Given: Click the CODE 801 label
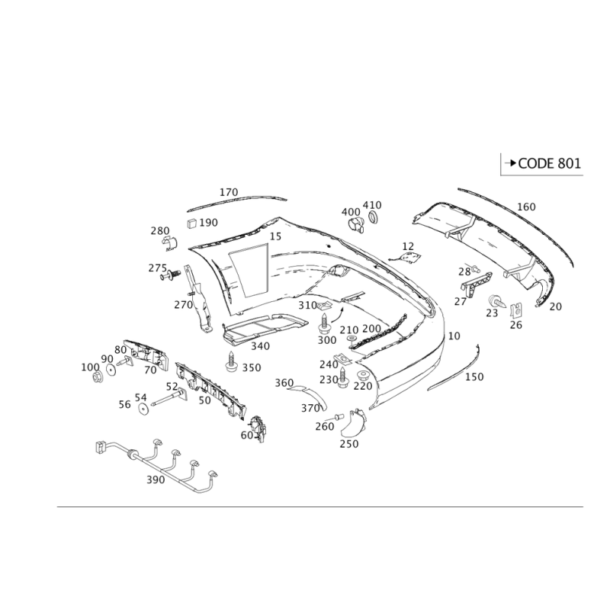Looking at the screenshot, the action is click(549, 163).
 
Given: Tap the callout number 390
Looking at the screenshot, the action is click(156, 480).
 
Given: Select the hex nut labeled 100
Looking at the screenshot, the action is click(98, 377).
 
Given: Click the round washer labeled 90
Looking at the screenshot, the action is click(111, 370).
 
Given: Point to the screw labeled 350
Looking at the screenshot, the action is click(232, 361).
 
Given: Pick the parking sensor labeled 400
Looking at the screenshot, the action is click(355, 225).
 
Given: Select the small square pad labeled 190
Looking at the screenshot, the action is click(192, 223).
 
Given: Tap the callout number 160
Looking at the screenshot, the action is click(526, 207).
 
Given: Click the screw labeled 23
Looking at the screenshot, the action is click(496, 300).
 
